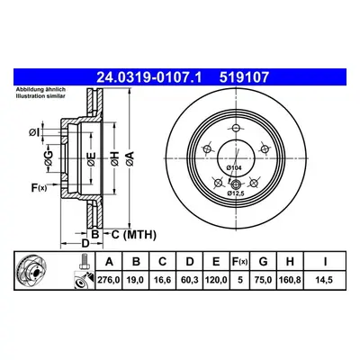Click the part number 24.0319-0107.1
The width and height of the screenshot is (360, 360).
149,77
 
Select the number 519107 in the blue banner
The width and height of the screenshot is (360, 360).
244,77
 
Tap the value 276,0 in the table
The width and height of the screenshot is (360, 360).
109,280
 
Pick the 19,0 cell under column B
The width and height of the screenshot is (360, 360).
136,280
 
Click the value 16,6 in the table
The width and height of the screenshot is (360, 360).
163,280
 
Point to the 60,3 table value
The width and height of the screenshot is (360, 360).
190,280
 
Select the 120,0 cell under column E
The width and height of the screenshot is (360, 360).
216,280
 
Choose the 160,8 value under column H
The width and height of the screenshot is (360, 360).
290,280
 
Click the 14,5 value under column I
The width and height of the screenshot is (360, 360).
325,280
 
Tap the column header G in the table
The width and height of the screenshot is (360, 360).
263,262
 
